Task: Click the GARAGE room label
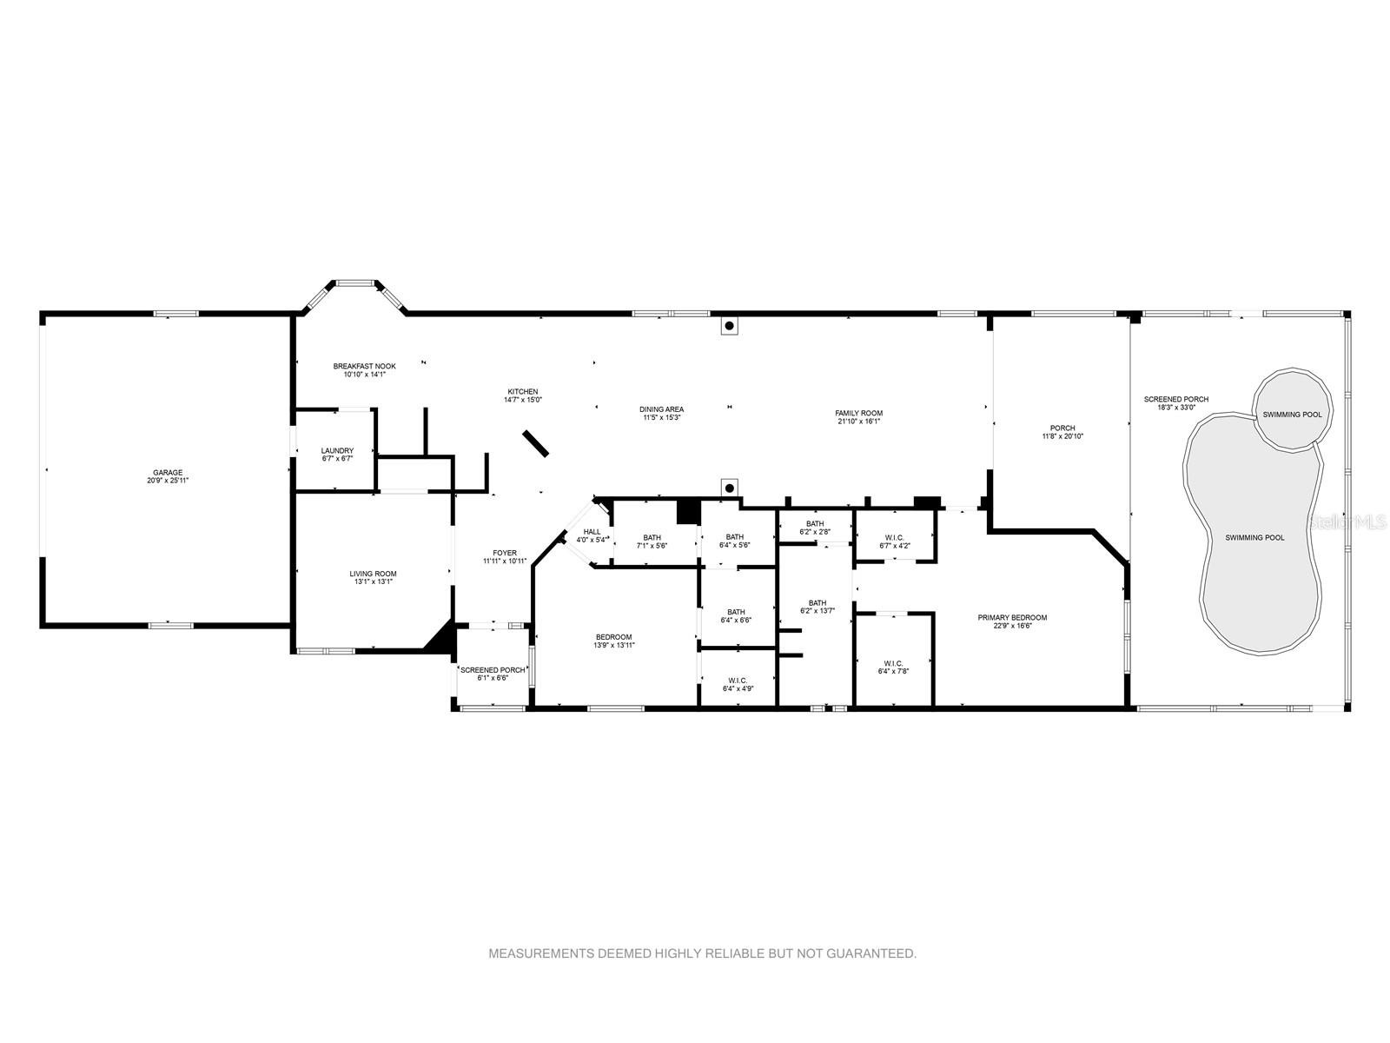click(x=167, y=473)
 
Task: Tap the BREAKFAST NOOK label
click(x=364, y=366)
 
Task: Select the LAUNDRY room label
click(x=337, y=451)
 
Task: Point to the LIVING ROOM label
click(x=373, y=574)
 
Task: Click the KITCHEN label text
click(x=522, y=391)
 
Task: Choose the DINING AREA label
click(x=661, y=409)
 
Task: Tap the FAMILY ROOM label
click(x=858, y=413)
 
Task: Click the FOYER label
click(x=505, y=553)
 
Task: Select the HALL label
click(x=592, y=532)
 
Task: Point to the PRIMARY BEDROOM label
click(x=1012, y=617)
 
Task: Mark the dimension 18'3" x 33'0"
click(x=1176, y=407)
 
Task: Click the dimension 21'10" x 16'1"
click(x=858, y=422)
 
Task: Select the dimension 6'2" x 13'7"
click(x=817, y=611)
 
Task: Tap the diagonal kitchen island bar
click(x=535, y=442)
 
